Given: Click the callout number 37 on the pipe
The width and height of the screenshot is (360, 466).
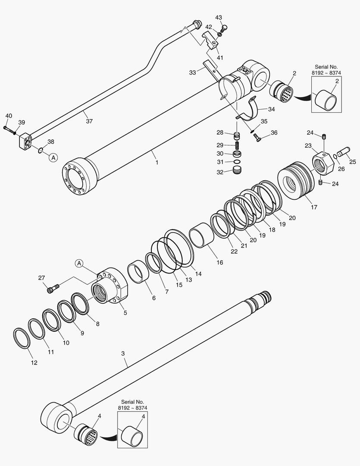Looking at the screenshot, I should click(89, 121).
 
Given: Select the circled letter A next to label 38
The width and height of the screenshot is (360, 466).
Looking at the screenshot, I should click(53, 157).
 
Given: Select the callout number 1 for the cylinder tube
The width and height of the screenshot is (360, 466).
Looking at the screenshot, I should click(157, 163).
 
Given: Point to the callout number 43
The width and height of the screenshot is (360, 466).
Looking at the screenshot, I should click(219, 17).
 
